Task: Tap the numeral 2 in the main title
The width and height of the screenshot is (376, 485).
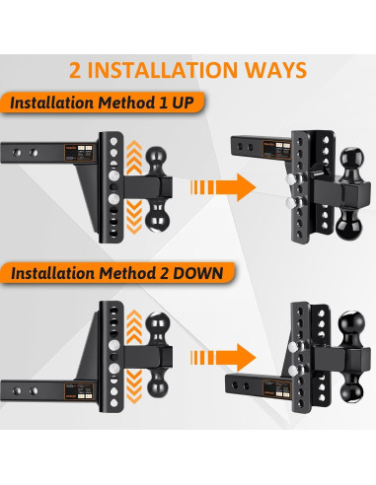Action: [76, 70]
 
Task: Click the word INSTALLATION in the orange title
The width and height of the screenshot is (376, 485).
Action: [164, 70]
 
